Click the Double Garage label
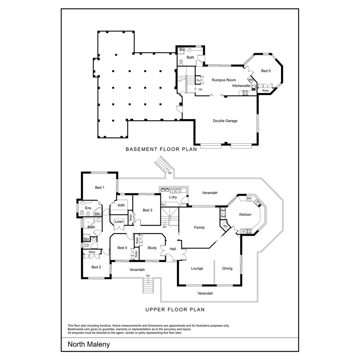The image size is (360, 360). (x=225, y=121)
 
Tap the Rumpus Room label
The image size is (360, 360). (x=224, y=80)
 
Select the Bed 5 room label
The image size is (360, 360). (x=266, y=71)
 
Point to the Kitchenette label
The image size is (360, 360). (x=241, y=86)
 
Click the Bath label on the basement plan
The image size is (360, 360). (x=190, y=57)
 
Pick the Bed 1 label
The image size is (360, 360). (x=100, y=188)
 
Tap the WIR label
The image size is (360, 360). (x=121, y=205)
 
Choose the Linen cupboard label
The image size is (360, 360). (x=119, y=222)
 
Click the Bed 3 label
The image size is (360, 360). (x=147, y=210)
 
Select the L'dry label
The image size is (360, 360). (x=173, y=197)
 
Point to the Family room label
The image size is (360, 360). (x=199, y=228)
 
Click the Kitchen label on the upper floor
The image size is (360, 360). (x=245, y=215)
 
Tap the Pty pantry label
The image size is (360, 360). (x=226, y=226)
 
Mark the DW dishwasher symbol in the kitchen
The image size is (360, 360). (x=249, y=199)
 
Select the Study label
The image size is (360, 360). (x=152, y=248)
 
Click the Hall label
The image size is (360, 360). (x=173, y=249)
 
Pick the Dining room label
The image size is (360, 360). (x=227, y=268)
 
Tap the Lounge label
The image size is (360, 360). (x=197, y=268)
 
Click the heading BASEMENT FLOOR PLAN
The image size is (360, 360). (x=161, y=149)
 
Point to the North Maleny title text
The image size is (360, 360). (x=89, y=344)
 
